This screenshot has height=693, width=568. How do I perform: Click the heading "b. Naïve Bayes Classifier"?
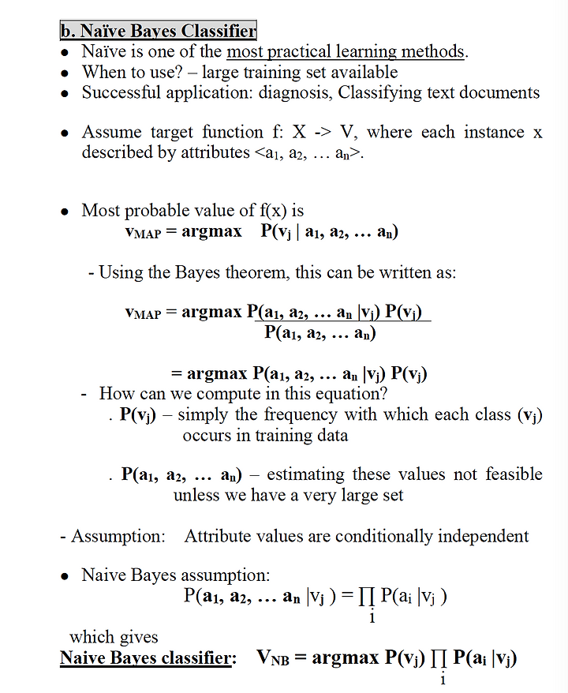(x=158, y=31)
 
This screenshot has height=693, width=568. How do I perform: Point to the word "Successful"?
(x=118, y=92)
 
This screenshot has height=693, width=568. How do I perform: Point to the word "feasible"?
(x=514, y=474)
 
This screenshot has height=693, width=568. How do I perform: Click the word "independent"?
(x=483, y=537)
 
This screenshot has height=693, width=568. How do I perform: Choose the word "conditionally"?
(x=384, y=537)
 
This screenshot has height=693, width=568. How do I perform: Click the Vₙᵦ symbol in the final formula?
(x=274, y=658)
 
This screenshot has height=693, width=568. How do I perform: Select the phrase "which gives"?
(x=114, y=636)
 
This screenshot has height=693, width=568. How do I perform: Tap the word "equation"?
(x=347, y=393)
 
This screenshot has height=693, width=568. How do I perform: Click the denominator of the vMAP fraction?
(x=319, y=332)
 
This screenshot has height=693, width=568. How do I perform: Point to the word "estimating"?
(x=306, y=474)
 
